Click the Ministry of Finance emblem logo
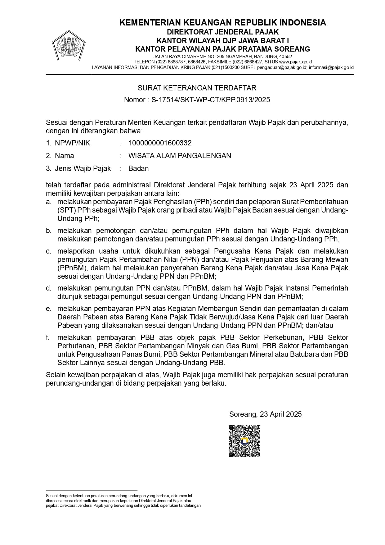click(69, 46)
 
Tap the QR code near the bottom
click(244, 441)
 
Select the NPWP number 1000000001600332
click(160, 143)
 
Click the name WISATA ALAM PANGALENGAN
click(180, 156)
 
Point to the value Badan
click(138, 168)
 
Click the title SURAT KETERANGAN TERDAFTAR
click(197, 88)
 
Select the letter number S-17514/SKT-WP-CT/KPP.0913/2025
click(210, 100)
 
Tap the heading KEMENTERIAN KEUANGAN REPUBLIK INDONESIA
click(222, 22)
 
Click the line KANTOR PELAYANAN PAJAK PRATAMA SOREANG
click(222, 49)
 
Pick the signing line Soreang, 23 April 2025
click(265, 414)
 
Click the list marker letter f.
click(48, 337)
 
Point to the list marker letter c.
click(48, 251)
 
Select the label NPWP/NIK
click(72, 143)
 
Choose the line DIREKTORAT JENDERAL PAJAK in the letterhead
click(222, 32)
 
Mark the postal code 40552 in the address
click(285, 57)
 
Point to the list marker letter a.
click(48, 202)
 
